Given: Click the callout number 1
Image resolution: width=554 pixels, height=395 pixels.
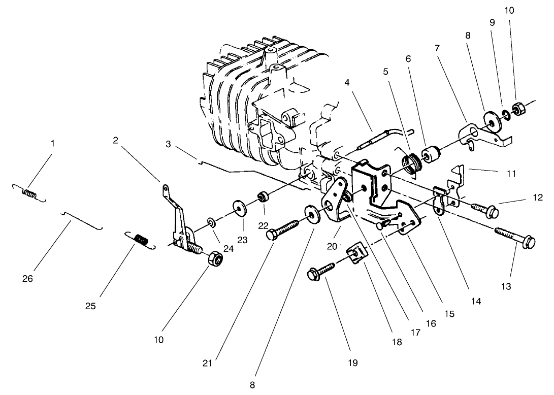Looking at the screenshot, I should tap(52, 144).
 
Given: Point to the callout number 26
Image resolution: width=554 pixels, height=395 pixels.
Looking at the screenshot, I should tap(28, 279).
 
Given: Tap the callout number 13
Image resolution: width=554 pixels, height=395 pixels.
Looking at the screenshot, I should tap(506, 286).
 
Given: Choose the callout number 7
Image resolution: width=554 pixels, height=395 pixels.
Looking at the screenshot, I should tap(437, 48).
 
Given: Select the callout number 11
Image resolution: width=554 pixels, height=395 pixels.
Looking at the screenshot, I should tap(511, 174).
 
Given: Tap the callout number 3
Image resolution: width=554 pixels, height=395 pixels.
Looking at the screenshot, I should tap(168, 144).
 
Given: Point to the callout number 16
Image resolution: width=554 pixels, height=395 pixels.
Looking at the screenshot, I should tap(431, 323).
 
